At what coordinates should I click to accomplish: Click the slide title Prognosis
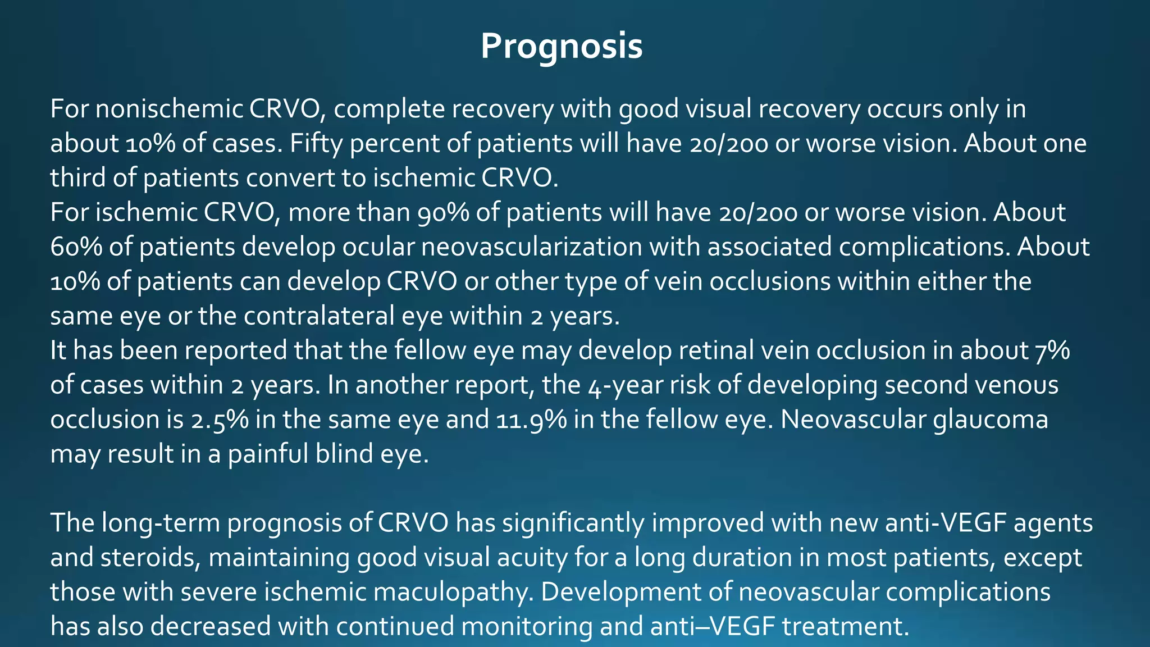click(x=562, y=46)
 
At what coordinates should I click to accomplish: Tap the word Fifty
click(x=316, y=144)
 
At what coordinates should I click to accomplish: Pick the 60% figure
click(x=76, y=248)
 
